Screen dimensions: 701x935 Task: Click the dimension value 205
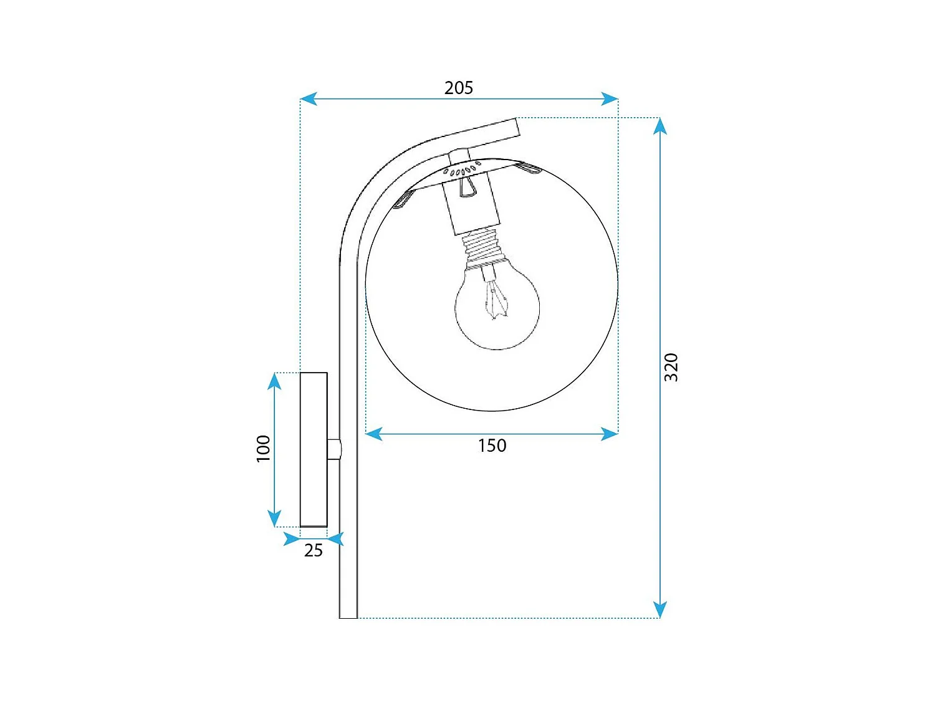(458, 88)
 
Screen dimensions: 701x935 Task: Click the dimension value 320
(671, 367)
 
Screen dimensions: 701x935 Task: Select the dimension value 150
(492, 446)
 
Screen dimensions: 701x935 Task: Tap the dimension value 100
(264, 449)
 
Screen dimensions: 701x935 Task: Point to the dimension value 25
(313, 550)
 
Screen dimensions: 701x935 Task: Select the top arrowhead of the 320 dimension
(660, 126)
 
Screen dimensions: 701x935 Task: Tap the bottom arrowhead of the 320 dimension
(660, 609)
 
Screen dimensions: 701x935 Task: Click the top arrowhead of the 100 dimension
(274, 381)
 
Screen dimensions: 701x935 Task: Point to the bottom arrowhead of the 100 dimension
(274, 518)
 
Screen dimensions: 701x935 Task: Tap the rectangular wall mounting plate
(314, 449)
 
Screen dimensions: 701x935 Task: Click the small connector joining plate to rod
(334, 449)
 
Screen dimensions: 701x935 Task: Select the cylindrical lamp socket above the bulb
(471, 206)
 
